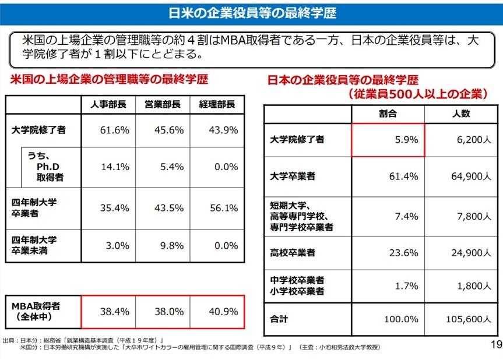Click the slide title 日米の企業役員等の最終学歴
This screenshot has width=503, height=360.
(252, 12)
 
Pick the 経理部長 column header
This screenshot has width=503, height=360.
(217, 105)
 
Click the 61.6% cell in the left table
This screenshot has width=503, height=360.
(114, 130)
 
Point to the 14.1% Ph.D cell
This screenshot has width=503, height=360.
(115, 167)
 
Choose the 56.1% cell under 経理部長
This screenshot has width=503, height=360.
(224, 207)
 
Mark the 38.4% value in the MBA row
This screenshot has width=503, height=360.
(114, 312)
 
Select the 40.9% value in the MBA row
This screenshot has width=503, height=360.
(224, 312)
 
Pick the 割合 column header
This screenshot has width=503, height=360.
(388, 114)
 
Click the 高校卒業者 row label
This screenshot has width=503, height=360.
(293, 252)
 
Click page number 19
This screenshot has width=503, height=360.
(495, 344)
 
